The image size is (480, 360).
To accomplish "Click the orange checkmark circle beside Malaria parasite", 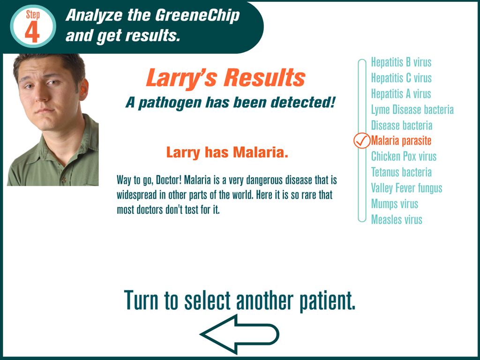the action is coord(361,141).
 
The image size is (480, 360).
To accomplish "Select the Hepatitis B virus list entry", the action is coord(401,62).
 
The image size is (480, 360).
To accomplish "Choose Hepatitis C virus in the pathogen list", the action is coord(401,78).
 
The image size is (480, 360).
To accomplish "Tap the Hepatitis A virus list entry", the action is coord(401,94).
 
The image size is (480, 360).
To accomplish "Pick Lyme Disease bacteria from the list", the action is coord(412,110).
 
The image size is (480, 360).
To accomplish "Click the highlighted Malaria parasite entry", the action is coord(401,141).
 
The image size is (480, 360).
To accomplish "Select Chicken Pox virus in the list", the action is coord(404,157).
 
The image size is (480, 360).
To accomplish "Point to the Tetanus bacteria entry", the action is coord(401,172).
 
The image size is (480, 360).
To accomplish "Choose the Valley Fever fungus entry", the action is coord(406,188).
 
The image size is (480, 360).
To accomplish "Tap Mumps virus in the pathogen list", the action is coord(395,204).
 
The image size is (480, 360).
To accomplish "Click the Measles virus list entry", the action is coord(397,219).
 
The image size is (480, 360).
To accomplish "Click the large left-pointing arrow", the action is coord(240,334).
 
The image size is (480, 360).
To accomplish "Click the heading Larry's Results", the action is coord(225,78).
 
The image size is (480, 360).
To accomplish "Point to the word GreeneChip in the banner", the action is coord(197,15).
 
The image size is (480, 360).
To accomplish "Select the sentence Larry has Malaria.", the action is coord(227,152).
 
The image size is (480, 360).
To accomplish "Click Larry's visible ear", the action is coord(83,90).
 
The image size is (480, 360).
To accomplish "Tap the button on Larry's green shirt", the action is coord(64,180).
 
